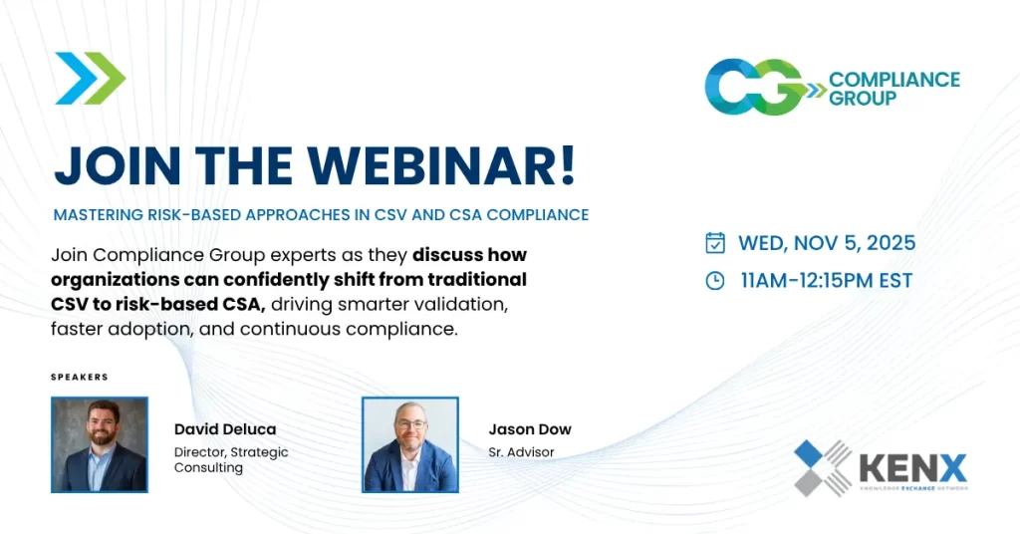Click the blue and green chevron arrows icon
click(91, 78)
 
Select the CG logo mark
click(755, 88)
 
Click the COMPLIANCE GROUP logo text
click(893, 88)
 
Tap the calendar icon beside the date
click(715, 243)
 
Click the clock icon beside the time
click(715, 281)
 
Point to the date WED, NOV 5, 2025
click(826, 243)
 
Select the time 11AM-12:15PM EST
click(826, 281)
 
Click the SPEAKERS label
click(79, 378)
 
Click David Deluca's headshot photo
click(100, 444)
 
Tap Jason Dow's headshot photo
click(409, 444)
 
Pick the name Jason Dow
click(530, 429)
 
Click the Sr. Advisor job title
click(521, 452)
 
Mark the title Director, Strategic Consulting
click(230, 459)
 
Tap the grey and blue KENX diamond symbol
click(823, 467)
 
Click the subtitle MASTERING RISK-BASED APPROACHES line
click(321, 214)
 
